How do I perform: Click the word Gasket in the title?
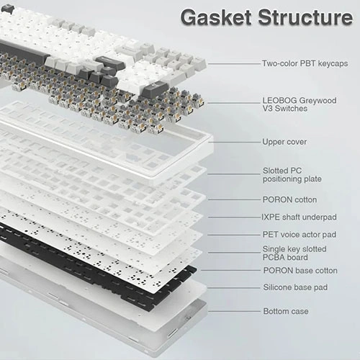216,17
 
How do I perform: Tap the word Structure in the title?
305,17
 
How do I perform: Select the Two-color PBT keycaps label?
305,63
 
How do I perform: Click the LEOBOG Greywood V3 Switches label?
300,104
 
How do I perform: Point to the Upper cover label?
284,142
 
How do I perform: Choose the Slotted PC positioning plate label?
292,175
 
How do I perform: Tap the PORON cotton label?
289,199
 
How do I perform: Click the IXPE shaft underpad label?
299,217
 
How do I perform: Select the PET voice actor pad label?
300,235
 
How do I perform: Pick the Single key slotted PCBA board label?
294,253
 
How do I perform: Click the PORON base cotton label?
300,271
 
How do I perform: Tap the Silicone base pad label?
295,287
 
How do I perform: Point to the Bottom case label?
286,311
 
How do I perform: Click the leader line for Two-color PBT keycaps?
234,64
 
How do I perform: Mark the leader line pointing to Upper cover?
234,142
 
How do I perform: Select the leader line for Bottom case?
234,312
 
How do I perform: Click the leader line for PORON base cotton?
230,270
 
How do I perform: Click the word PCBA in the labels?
273,258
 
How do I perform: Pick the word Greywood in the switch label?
318,101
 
